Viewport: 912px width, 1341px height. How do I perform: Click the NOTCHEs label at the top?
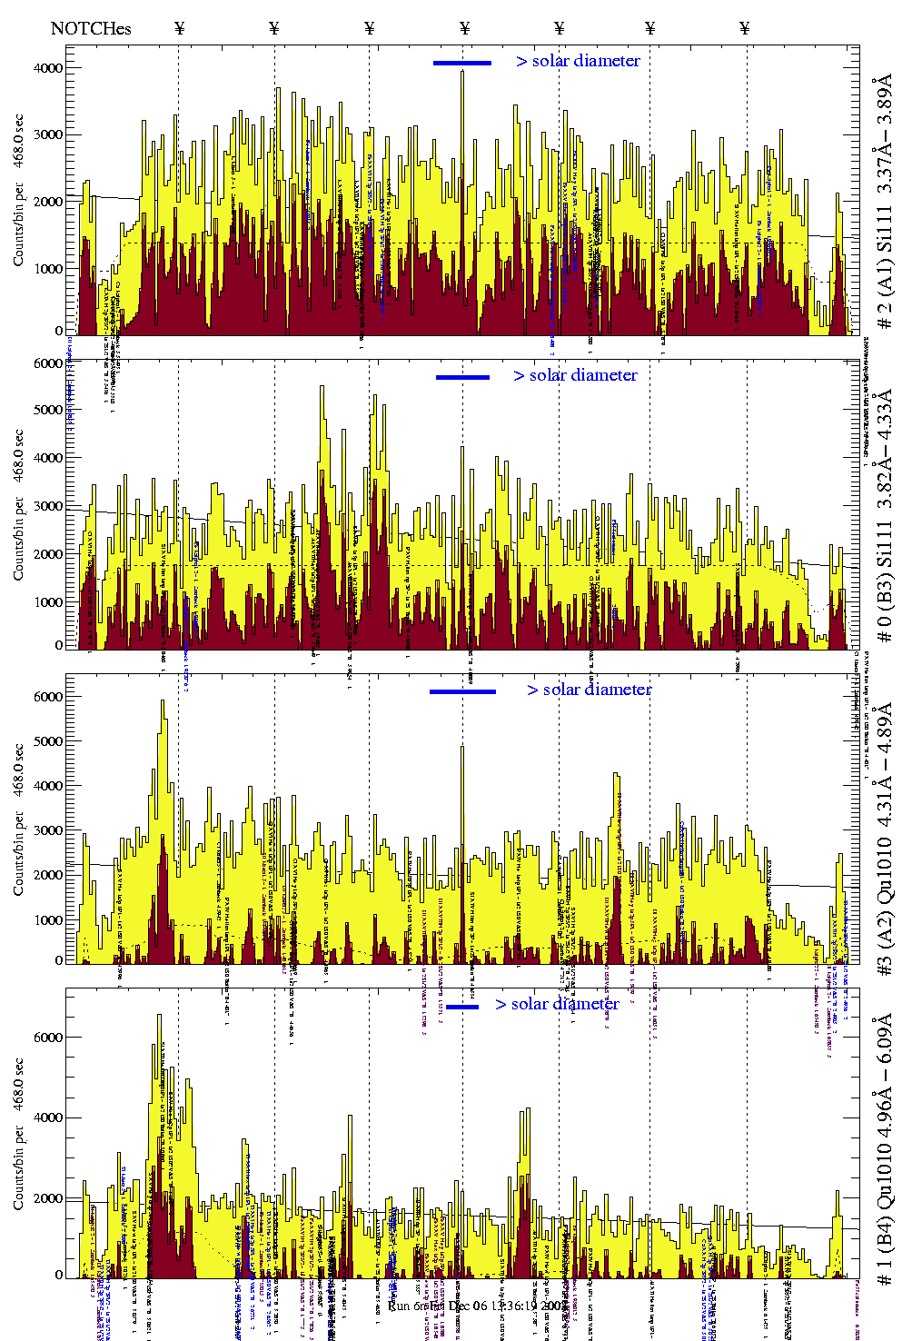[x=91, y=28]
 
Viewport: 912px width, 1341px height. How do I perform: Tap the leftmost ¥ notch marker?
[x=179, y=28]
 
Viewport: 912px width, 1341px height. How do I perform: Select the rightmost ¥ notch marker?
[x=745, y=28]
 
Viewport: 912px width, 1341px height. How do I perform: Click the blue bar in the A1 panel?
[x=462, y=63]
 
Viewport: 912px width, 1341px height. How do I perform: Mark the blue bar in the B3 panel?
[x=462, y=377]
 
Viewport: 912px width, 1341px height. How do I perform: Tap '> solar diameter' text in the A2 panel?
[x=589, y=690]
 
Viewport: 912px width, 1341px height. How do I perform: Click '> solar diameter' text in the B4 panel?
[x=557, y=1004]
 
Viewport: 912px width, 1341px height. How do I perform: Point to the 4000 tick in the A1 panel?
[x=48, y=68]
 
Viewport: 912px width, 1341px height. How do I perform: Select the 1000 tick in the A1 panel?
[x=48, y=269]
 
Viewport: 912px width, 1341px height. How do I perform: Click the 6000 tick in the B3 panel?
[x=48, y=363]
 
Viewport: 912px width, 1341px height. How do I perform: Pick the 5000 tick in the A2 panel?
[x=48, y=741]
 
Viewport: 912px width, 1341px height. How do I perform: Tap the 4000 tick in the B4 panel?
[x=48, y=1118]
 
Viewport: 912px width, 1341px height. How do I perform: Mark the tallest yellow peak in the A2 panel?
[x=163, y=701]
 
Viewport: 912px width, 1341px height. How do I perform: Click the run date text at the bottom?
[x=464, y=1306]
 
